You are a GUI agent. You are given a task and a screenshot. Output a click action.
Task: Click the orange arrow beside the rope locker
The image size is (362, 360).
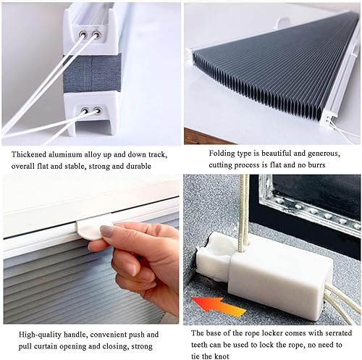[219, 306]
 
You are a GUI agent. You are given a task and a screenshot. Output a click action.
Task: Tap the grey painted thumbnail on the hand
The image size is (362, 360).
[107, 230]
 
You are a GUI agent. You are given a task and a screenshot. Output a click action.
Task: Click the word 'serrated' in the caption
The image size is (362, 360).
[339, 333]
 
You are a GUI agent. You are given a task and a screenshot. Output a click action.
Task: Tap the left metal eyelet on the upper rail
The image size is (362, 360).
[83, 34]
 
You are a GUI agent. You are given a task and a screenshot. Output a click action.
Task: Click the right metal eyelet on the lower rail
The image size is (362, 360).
[97, 111]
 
